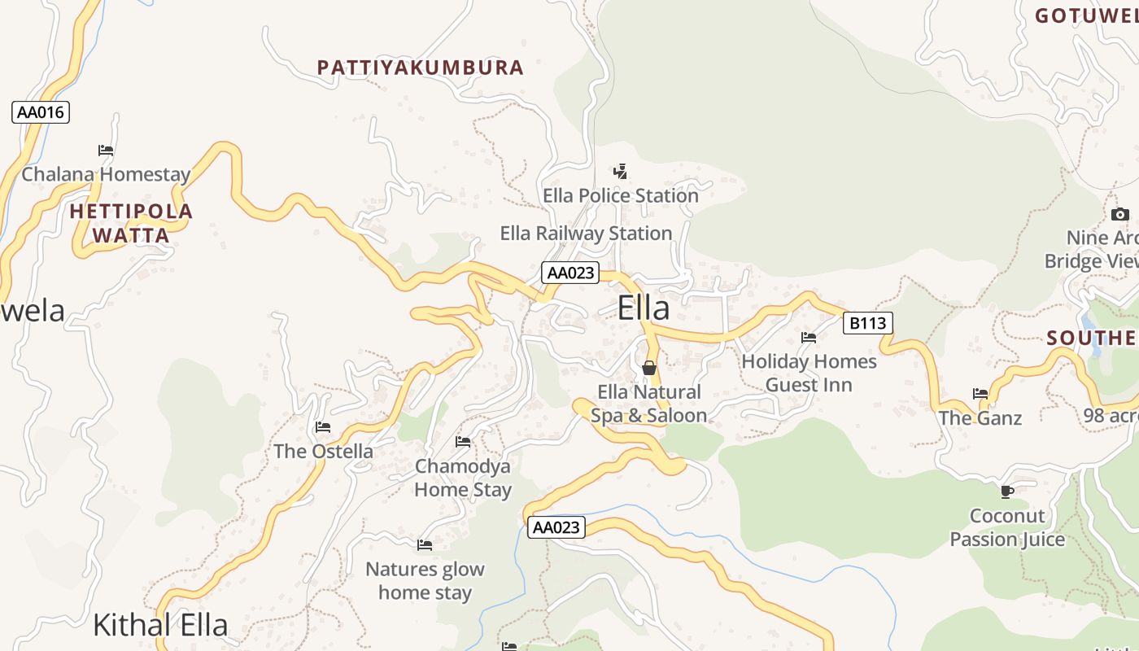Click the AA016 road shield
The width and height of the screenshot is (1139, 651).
click(41, 112)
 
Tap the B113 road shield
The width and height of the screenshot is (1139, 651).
click(867, 323)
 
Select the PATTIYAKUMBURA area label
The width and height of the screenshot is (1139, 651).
click(421, 68)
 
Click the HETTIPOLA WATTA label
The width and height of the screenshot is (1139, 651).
click(131, 224)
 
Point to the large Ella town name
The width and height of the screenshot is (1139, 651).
click(644, 308)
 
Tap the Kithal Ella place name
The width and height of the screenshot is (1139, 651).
click(160, 625)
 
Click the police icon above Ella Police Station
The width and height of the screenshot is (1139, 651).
click(621, 172)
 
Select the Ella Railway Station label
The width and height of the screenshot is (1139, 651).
click(586, 234)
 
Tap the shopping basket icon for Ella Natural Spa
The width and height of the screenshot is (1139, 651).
click(649, 368)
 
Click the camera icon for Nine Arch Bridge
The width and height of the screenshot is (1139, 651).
click(1120, 214)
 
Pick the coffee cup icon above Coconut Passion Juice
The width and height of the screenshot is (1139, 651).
click(1007, 492)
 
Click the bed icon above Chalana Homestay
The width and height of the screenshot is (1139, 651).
click(106, 151)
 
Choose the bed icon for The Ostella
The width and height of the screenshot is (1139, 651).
click(323, 427)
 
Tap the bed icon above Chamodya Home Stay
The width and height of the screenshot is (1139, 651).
click(463, 442)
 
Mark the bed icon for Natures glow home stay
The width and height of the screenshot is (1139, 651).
click(425, 545)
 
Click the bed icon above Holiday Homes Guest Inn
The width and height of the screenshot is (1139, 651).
click(809, 337)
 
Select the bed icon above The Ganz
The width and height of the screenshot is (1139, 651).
click(980, 394)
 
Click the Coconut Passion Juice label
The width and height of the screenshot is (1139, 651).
click(1007, 527)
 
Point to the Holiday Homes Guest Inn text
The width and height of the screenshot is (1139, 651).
click(810, 373)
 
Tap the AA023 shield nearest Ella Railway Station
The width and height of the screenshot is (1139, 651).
click(570, 273)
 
